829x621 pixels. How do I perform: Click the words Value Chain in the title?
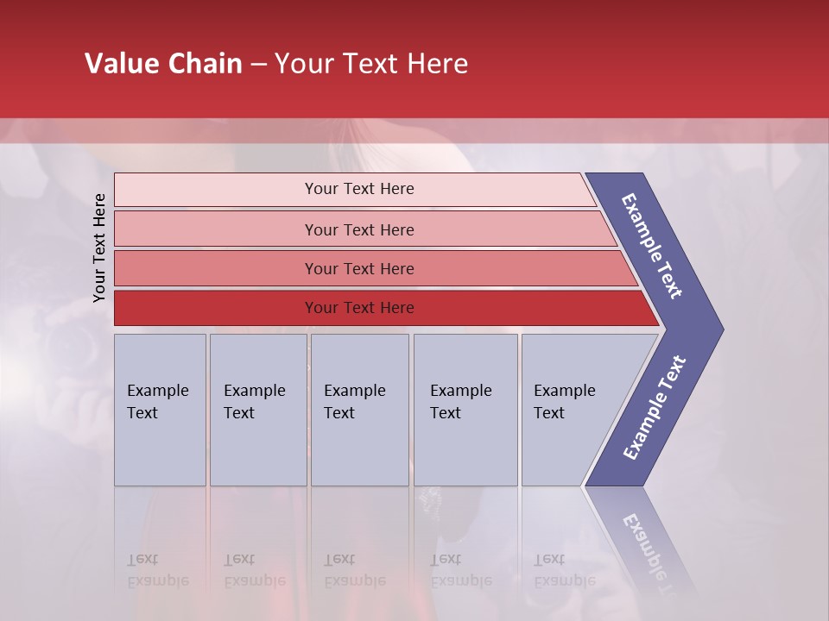click(x=163, y=64)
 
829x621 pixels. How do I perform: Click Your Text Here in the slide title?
click(x=371, y=64)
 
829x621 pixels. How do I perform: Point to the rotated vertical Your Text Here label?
click(x=99, y=248)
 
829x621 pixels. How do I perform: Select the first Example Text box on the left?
click(x=160, y=410)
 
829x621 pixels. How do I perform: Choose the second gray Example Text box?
click(x=257, y=410)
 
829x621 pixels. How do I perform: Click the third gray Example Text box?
click(x=358, y=410)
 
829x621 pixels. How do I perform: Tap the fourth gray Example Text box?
click(x=465, y=410)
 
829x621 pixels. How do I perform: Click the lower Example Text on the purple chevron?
click(x=655, y=408)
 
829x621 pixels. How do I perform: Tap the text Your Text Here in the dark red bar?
click(x=359, y=308)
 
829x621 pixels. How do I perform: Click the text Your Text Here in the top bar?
click(x=359, y=189)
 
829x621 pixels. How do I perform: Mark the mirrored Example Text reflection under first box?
click(x=157, y=570)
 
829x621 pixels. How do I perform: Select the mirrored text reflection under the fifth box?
click(x=563, y=570)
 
